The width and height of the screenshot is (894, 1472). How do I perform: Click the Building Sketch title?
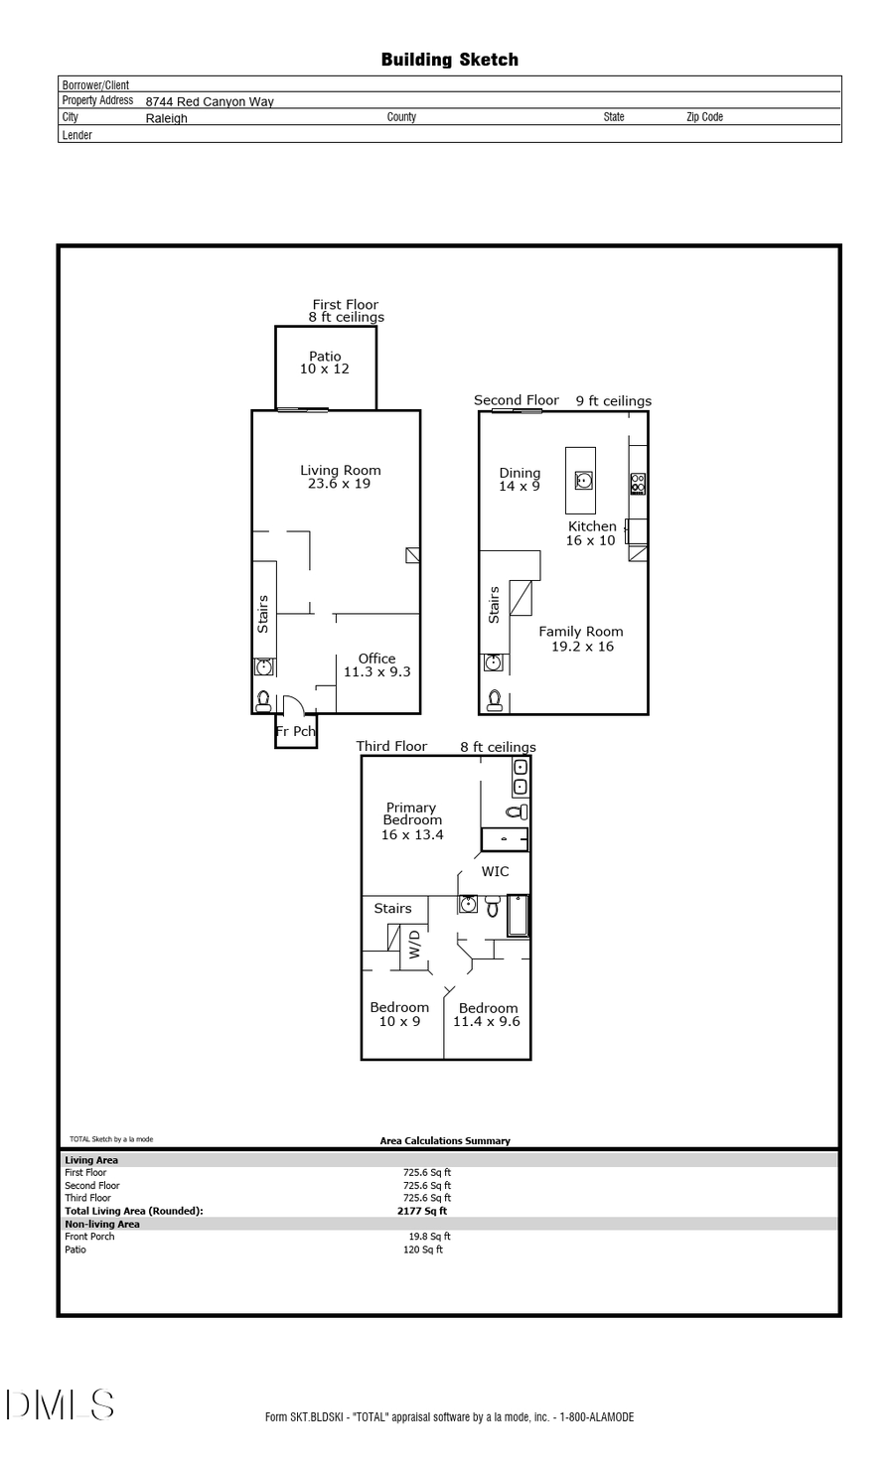[449, 60]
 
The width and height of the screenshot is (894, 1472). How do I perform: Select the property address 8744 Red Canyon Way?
[210, 101]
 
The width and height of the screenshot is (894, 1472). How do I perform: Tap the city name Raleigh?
[166, 118]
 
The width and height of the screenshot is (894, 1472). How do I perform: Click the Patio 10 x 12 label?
[325, 363]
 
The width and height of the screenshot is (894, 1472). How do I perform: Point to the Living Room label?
[340, 477]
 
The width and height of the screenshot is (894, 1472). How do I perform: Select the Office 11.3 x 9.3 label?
[376, 664]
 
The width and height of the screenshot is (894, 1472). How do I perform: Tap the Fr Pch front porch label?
[295, 732]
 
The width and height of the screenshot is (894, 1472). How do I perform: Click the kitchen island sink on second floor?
[584, 481]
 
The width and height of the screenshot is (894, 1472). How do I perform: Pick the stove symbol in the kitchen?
[638, 484]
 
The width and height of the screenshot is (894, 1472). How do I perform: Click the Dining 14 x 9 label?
[520, 480]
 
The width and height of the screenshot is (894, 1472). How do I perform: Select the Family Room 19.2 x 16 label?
[581, 639]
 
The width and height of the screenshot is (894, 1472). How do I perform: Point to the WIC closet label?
[495, 871]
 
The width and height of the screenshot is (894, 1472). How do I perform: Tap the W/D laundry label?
[415, 944]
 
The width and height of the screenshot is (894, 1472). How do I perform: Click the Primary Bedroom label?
[411, 820]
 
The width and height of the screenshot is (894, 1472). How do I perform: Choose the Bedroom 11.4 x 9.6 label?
[487, 1014]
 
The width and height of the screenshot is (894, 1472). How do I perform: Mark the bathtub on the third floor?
[518, 916]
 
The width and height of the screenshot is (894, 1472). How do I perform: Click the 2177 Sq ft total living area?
[422, 1211]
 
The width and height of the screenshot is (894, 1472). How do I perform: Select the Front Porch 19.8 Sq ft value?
[429, 1237]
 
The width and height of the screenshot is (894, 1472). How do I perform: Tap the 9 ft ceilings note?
[613, 401]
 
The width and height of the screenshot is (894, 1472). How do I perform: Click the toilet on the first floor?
[263, 701]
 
